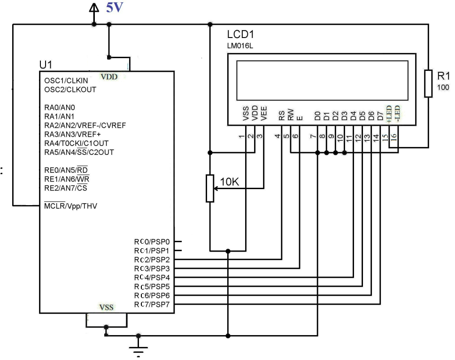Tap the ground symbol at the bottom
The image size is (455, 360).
139,350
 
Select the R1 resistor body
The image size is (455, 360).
428,84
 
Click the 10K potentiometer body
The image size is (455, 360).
210,188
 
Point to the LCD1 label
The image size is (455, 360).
240,34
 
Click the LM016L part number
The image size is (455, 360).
240,46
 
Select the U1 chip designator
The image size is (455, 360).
46,65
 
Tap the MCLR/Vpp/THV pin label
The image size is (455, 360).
70,206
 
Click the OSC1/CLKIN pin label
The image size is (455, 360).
66,80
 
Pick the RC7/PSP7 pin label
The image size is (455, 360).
152,304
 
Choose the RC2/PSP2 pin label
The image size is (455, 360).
152,260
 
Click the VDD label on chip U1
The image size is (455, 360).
109,77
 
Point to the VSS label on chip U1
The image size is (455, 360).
106,307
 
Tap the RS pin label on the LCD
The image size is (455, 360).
281,116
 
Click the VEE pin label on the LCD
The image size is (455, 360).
263,114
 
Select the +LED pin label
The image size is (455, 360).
389,114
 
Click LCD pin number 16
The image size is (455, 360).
394,137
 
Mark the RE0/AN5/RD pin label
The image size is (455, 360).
66,170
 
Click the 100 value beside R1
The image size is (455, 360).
443,87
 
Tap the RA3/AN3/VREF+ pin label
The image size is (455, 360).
72,134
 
